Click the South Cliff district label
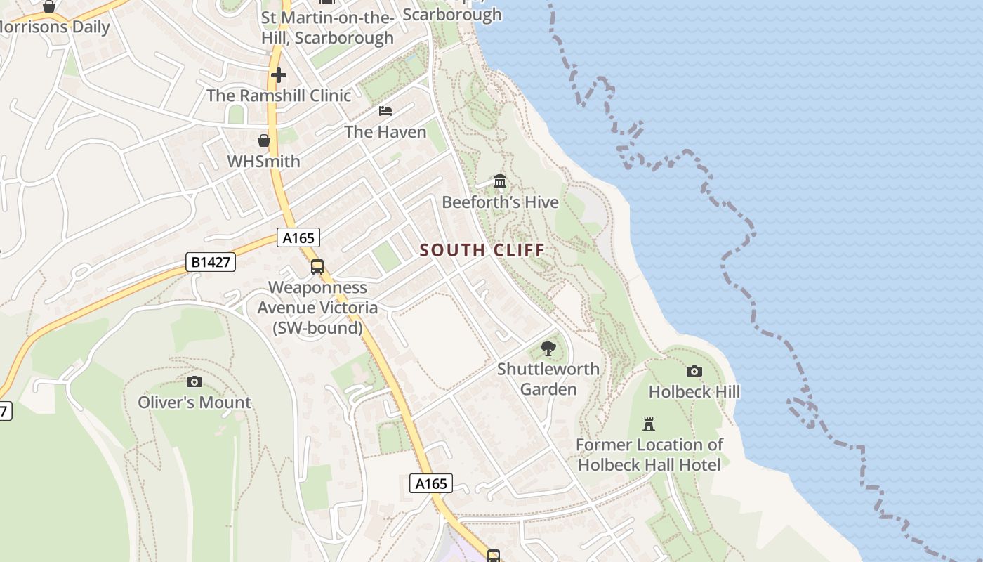[x=482, y=250]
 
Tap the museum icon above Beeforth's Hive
[x=500, y=181]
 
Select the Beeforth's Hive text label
[x=500, y=202]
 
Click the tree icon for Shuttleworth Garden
[x=548, y=348]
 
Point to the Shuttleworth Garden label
[x=548, y=379]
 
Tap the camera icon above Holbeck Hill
[x=694, y=371]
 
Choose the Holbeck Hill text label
[x=694, y=391]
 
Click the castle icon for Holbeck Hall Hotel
[x=649, y=424]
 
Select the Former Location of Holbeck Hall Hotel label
[x=649, y=455]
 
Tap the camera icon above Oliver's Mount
[x=194, y=381]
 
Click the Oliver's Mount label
[x=194, y=403]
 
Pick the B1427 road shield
[x=211, y=262]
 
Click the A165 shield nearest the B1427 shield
[x=298, y=238]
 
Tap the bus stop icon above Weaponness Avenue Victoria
[x=317, y=267]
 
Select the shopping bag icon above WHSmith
[x=263, y=140]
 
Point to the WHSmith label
[x=263, y=162]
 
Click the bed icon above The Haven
[x=385, y=111]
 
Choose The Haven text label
[x=385, y=132]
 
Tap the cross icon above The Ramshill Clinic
[x=279, y=74]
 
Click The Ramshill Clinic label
[x=279, y=96]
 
